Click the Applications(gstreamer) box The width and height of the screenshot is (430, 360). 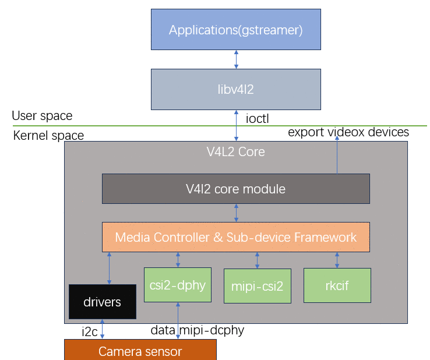coord(236,29)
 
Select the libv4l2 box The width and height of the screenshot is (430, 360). coord(236,89)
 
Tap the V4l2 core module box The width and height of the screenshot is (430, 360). coord(236,189)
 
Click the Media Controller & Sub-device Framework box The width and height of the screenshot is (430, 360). coord(236,237)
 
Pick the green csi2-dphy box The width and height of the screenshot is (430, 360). coord(178,285)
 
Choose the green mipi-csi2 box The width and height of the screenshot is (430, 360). coord(258,286)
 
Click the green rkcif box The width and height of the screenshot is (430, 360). coord(337,285)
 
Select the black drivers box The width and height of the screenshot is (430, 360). coord(103,302)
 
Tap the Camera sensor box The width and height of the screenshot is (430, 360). coord(140,350)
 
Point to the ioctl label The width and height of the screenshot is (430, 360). coord(257,119)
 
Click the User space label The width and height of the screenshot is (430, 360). coord(42,116)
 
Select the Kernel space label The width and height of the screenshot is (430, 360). coord(48,136)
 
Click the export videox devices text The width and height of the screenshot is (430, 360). coord(348,132)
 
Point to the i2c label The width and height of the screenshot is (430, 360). coord(90,332)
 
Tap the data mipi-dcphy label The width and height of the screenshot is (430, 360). coord(198,330)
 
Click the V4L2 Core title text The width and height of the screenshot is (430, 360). coord(236,151)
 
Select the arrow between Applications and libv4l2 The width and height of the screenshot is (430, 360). coord(236,59)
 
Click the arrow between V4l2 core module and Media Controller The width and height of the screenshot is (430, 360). coord(236,213)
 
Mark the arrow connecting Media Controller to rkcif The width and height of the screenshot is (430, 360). coord(337,260)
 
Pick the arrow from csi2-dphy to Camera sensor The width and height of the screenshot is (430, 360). coord(178,321)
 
